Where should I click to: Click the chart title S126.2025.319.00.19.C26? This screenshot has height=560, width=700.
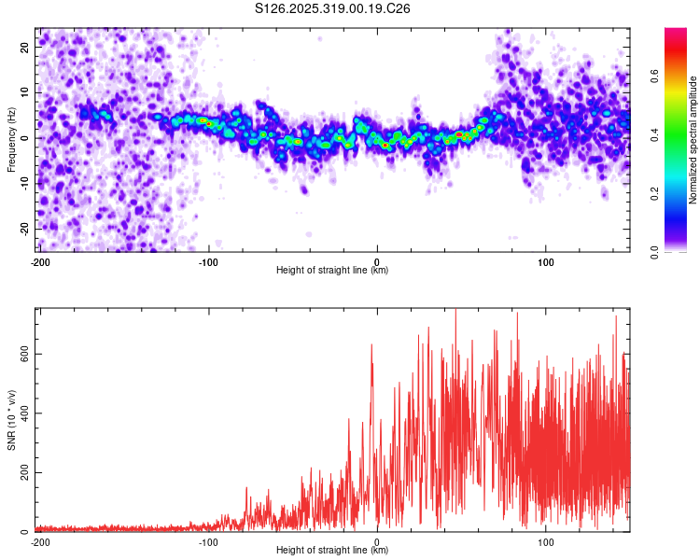333,8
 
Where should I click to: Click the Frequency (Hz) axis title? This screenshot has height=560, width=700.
11,140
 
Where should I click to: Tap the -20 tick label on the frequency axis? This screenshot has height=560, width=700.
24,229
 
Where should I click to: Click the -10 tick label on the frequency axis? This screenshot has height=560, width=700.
24,183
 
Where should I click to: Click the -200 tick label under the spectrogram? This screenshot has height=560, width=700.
39,261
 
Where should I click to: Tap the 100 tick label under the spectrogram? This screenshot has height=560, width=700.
545,261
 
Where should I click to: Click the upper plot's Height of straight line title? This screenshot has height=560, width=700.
332,271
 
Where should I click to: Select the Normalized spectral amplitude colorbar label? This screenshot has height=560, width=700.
693,140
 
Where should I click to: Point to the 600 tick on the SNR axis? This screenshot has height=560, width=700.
22,354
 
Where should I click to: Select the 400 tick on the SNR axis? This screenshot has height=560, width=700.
22,413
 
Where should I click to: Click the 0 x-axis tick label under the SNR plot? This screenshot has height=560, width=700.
377,541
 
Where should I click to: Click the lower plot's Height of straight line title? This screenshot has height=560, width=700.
332,551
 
